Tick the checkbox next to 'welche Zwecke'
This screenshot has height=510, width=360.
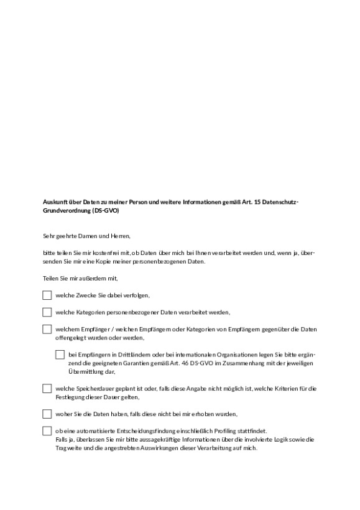(x=47, y=295)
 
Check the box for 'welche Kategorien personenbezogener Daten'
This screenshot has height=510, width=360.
(x=47, y=312)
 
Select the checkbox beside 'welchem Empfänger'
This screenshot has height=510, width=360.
(x=47, y=329)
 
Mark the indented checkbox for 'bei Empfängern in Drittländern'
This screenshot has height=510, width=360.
(x=60, y=355)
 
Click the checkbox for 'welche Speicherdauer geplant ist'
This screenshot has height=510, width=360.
(x=47, y=388)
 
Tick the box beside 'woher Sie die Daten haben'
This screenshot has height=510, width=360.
(x=47, y=414)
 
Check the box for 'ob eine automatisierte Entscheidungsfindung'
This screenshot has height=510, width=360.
(x=47, y=430)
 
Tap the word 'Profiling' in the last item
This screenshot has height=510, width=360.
(x=215, y=430)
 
